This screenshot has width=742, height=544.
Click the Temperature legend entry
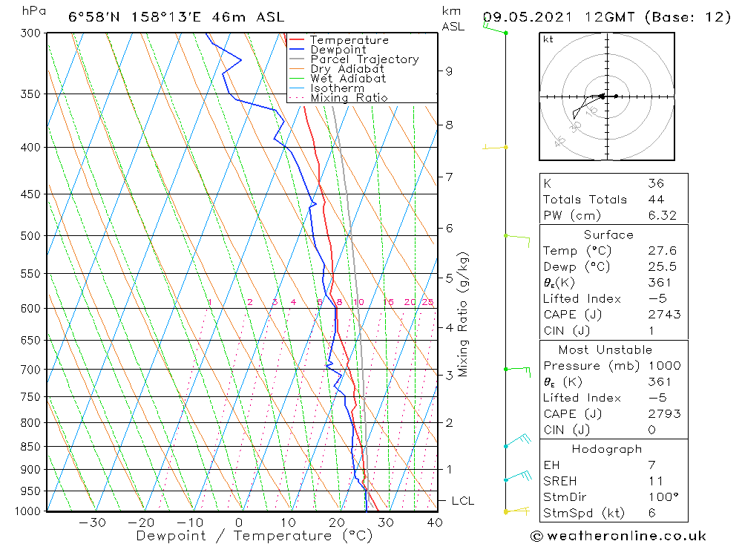pyautogui.click(x=349, y=40)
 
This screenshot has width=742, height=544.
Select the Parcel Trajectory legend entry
pyautogui.click(x=364, y=59)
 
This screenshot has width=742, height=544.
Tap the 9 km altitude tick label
pyautogui.click(x=449, y=71)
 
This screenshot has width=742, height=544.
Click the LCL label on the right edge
pyautogui.click(x=462, y=501)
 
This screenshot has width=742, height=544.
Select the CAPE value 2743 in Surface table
pyautogui.click(x=663, y=315)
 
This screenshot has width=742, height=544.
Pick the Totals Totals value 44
pyautogui.click(x=656, y=199)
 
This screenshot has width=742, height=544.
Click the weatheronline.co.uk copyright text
pyautogui.click(x=618, y=536)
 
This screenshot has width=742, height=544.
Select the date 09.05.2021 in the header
pyautogui.click(x=525, y=16)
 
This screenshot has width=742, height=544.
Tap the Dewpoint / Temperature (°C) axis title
pyautogui.click(x=255, y=536)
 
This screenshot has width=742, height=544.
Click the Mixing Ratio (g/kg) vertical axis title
pyautogui.click(x=463, y=315)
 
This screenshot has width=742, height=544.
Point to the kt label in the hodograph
pyautogui.click(x=548, y=39)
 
